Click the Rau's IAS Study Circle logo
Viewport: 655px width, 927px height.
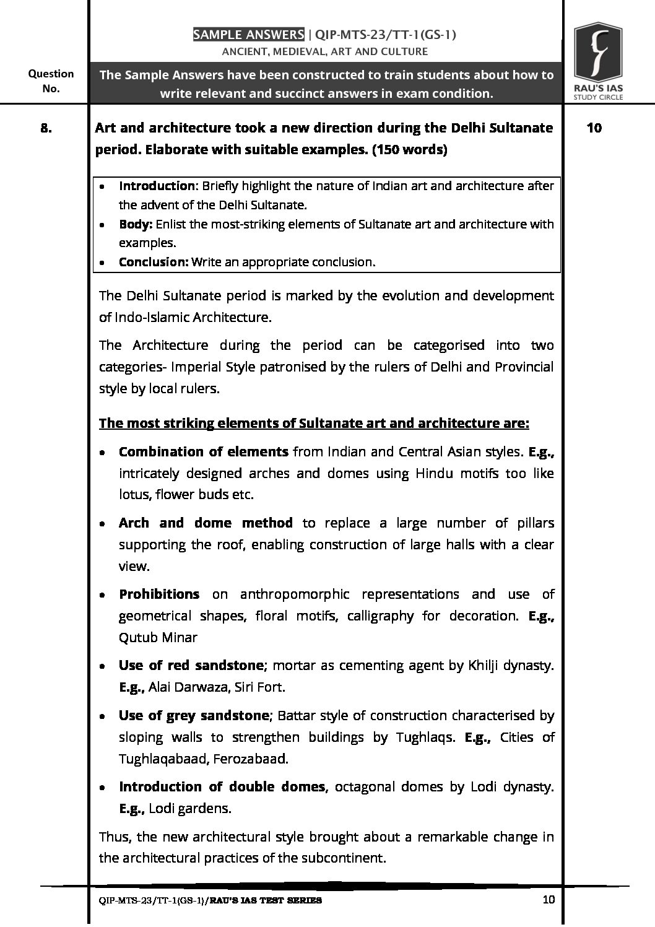tap(597, 61)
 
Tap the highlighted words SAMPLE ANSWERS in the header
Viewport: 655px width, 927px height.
tap(248, 35)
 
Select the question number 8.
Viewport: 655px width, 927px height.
tap(46, 128)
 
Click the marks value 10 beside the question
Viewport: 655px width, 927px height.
tap(594, 128)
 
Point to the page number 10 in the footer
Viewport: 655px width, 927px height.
tap(548, 900)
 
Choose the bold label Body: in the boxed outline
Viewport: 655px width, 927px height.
tap(136, 224)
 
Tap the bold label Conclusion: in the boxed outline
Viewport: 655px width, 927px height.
tap(154, 262)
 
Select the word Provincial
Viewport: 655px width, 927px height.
tap(524, 367)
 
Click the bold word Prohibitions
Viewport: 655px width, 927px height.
tap(159, 594)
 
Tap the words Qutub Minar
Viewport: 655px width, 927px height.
tap(158, 638)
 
